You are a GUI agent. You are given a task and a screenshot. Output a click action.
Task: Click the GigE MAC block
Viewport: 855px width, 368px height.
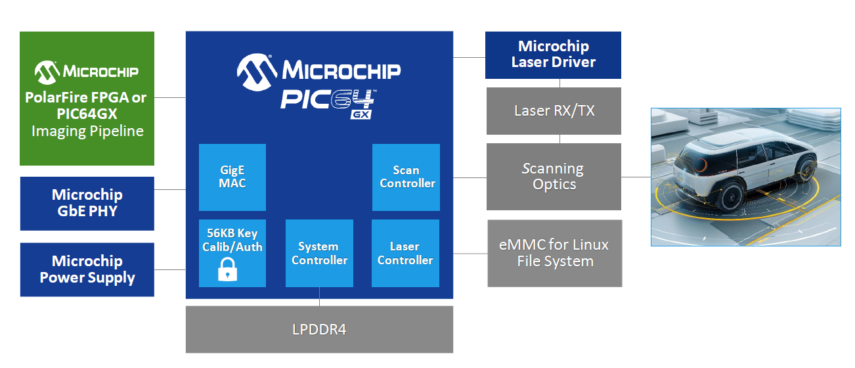point(232,177)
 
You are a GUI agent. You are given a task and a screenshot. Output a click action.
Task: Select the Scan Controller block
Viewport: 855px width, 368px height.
point(406,177)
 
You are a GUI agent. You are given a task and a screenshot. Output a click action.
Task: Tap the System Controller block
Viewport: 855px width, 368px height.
point(319,253)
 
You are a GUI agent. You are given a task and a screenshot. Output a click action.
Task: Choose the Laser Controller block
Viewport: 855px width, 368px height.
point(405,253)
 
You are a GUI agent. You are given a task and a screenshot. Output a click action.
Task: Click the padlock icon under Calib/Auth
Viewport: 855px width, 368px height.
point(227,269)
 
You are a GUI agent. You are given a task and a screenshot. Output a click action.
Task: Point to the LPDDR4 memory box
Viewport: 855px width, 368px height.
point(319,329)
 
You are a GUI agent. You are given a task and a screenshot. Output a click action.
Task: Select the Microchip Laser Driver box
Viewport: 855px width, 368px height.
point(553,55)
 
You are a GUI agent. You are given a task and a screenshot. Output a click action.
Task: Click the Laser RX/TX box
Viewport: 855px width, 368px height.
point(554,111)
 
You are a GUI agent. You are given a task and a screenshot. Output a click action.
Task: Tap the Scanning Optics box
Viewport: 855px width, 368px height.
point(554,177)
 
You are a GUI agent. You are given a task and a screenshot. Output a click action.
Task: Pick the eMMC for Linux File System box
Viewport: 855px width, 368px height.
point(555,253)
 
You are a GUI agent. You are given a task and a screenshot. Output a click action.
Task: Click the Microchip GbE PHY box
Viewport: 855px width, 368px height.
point(87,203)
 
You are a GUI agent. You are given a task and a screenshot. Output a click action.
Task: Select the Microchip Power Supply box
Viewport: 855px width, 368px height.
point(87,269)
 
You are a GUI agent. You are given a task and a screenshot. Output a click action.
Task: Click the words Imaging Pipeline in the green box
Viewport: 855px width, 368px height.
point(87,131)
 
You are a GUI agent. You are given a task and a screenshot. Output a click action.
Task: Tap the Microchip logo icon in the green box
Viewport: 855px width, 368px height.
point(47,72)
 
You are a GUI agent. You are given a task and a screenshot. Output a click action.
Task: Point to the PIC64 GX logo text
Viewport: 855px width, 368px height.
point(328,104)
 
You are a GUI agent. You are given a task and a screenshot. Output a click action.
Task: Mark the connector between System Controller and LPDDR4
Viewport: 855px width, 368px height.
point(320,296)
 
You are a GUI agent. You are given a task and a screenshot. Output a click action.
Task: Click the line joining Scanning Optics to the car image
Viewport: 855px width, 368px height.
point(636,177)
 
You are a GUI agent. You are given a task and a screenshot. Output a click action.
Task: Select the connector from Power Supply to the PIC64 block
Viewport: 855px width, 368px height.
point(170,270)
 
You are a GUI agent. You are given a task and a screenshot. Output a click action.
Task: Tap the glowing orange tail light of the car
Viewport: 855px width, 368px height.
point(701,165)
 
